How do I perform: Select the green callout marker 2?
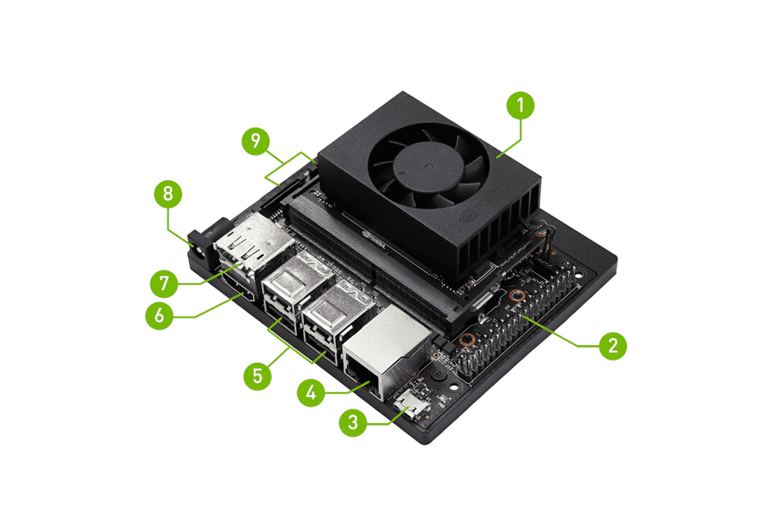click(612, 346)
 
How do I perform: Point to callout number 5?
click(256, 376)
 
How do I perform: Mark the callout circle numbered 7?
click(162, 282)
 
